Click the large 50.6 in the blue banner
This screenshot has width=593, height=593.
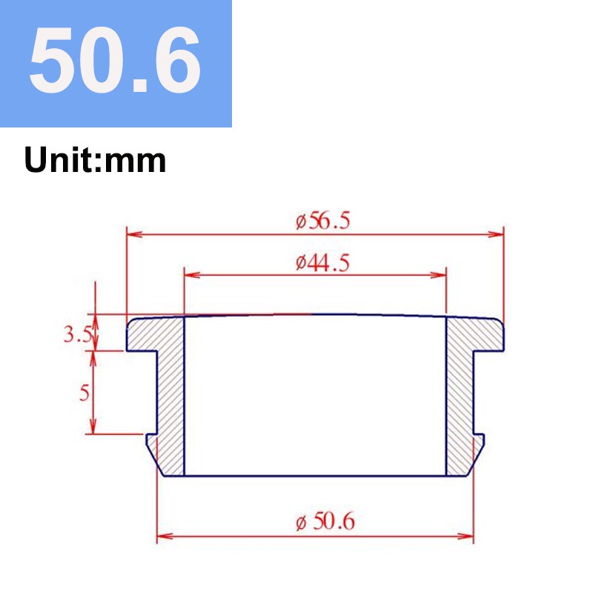click(x=115, y=60)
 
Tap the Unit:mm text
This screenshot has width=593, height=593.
click(x=96, y=160)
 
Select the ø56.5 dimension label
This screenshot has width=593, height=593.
click(x=323, y=221)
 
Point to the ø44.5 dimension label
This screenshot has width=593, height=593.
click(x=323, y=262)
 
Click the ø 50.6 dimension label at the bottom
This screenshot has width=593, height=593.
click(x=325, y=522)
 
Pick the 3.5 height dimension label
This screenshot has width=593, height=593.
click(x=78, y=335)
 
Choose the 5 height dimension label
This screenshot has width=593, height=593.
click(x=85, y=393)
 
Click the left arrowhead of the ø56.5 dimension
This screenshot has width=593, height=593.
click(x=135, y=234)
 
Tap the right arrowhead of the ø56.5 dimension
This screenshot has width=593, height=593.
click(x=496, y=234)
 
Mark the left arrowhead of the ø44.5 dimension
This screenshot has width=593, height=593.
click(x=192, y=275)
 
